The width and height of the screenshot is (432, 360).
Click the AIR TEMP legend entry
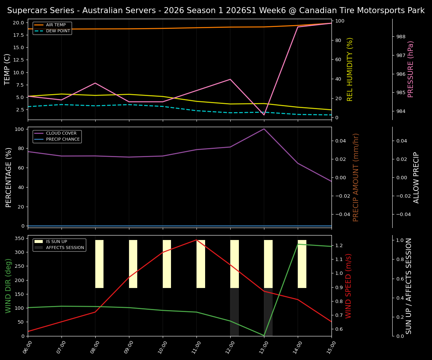pos(55,25)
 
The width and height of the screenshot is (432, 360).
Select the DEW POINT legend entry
pos(58,31)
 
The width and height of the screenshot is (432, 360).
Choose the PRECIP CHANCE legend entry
pos(63,139)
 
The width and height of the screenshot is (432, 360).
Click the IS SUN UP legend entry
pos(56,242)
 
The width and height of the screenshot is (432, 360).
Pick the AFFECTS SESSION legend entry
pos(64,248)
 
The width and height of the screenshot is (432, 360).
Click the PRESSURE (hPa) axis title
pos(411,69)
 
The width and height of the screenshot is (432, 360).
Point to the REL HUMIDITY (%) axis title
pos(350,69)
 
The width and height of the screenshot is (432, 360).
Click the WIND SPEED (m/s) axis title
pos(349,286)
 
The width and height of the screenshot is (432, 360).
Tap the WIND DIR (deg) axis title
pos(8,286)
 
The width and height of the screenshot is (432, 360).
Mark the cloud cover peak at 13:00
pos(264,129)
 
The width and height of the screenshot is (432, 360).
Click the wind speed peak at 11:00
pos(196,240)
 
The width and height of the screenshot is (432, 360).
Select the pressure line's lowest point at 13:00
pos(264,115)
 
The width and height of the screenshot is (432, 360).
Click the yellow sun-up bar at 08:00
pos(99,264)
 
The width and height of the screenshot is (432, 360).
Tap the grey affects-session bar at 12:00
pos(234,312)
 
